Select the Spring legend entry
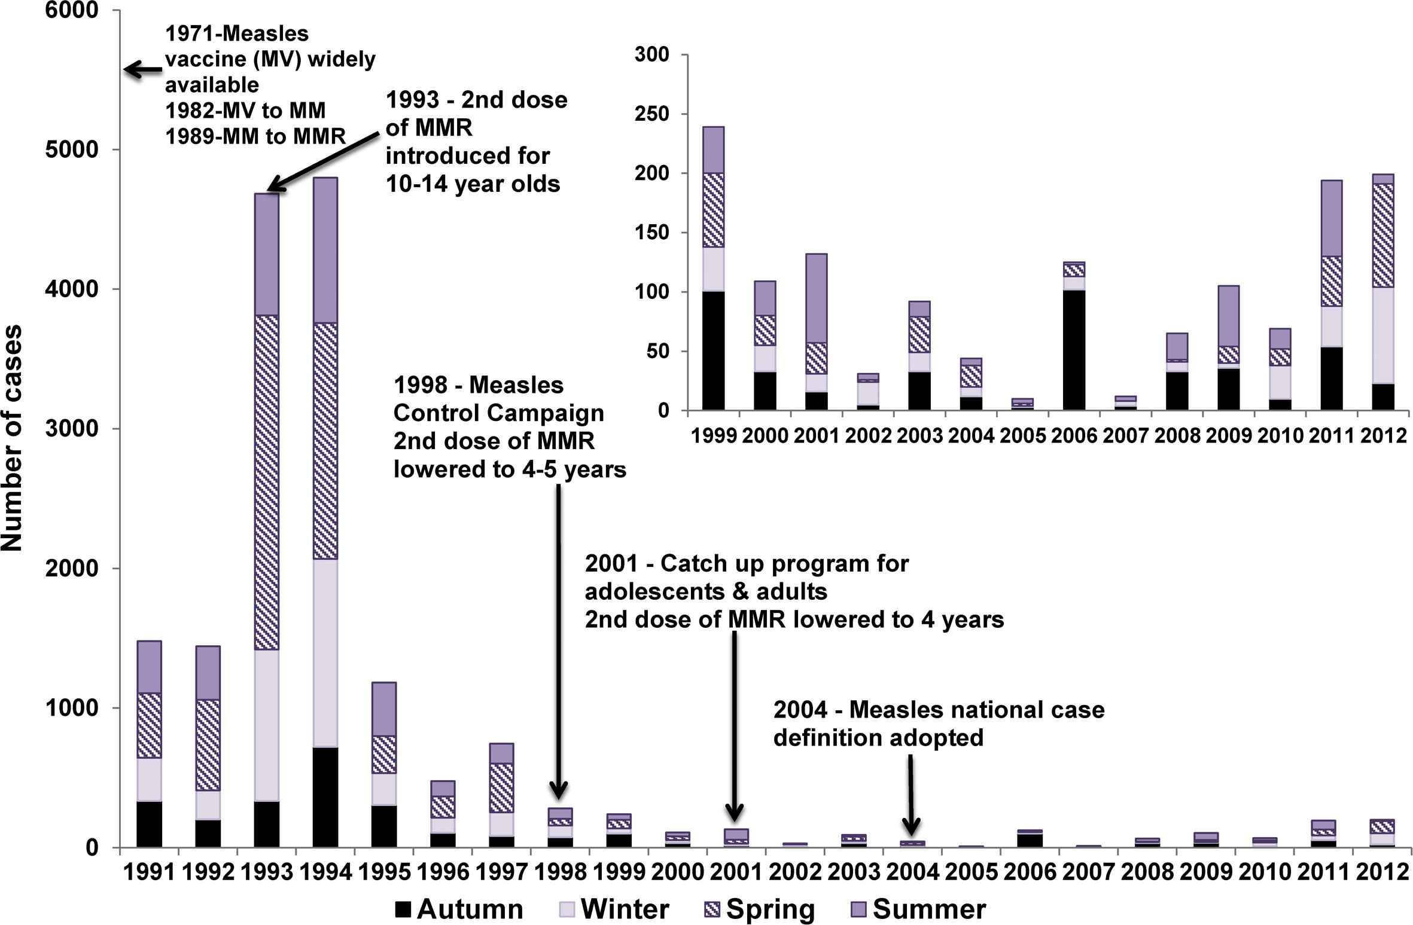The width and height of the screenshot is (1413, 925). coord(759,909)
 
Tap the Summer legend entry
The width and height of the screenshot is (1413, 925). coord(918,909)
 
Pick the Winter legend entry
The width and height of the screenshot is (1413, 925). coord(614,909)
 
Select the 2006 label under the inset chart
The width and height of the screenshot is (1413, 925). coord(1074,436)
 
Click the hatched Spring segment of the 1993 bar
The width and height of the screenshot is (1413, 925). coord(267,481)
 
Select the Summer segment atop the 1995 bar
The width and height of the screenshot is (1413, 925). coord(384,709)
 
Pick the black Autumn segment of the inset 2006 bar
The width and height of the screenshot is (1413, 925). coord(1074,350)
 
